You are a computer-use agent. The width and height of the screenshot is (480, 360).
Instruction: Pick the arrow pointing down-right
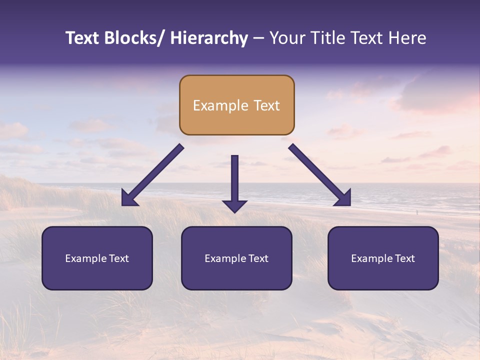(x=320, y=175)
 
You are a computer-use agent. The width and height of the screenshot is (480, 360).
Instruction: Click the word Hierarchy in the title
(x=209, y=38)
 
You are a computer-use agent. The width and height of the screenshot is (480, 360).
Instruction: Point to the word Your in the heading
(x=286, y=38)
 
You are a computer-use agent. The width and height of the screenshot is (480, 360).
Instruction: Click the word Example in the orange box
(x=213, y=105)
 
